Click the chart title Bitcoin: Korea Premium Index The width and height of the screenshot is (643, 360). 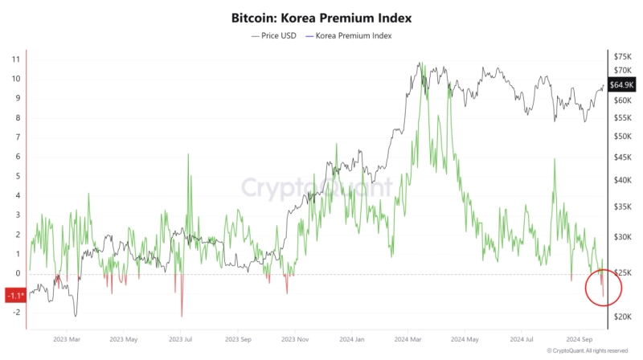click(321, 16)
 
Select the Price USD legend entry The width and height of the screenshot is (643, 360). click(276, 35)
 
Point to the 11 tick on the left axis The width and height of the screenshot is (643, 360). click(15, 59)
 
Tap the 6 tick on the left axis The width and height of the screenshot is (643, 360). click(17, 157)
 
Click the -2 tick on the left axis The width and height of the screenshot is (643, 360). click(15, 313)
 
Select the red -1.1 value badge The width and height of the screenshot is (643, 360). click(15, 295)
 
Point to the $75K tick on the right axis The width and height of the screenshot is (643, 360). click(622, 56)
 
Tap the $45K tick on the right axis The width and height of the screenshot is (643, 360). click(622, 157)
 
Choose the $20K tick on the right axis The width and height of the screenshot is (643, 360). click(622, 317)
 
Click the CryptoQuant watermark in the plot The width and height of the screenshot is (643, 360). click(317, 188)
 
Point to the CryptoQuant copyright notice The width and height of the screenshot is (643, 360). click(587, 351)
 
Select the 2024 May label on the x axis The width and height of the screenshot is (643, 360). click(468, 340)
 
